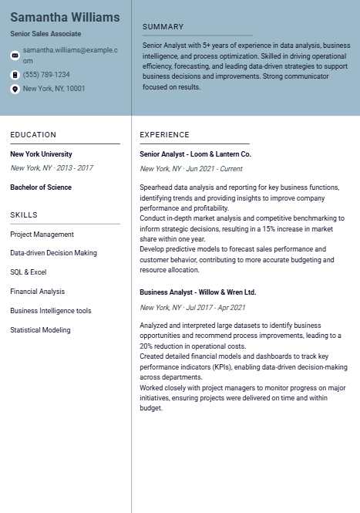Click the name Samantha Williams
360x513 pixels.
coord(65,17)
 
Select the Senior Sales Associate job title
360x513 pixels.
coord(45,34)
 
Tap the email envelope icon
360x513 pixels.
coord(15,55)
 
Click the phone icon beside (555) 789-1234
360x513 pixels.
coord(15,75)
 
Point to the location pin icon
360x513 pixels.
coord(15,89)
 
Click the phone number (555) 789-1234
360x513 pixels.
coord(46,75)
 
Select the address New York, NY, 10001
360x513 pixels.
coord(54,89)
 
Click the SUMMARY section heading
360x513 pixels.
coord(163,27)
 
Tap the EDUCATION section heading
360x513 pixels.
coord(33,135)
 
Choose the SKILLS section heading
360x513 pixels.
coord(24,215)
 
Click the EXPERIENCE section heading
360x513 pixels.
coord(164,135)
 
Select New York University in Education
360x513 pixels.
coord(41,154)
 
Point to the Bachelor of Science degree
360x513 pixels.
coord(41,187)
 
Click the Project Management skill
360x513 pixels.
coord(42,235)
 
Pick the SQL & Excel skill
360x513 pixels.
coord(29,272)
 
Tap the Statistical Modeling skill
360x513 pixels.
coord(40,330)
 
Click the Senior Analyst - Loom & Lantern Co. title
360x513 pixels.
coord(195,154)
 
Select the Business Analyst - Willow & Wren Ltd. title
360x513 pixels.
coord(197,293)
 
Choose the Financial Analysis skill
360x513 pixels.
coord(37,292)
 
